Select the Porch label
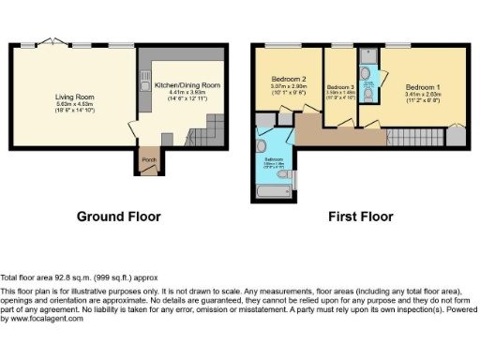coord(148,159)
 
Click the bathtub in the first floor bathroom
coord(275,190)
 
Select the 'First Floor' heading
coord(360,217)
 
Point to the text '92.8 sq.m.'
coord(65,278)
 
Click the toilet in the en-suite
coord(368,94)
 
